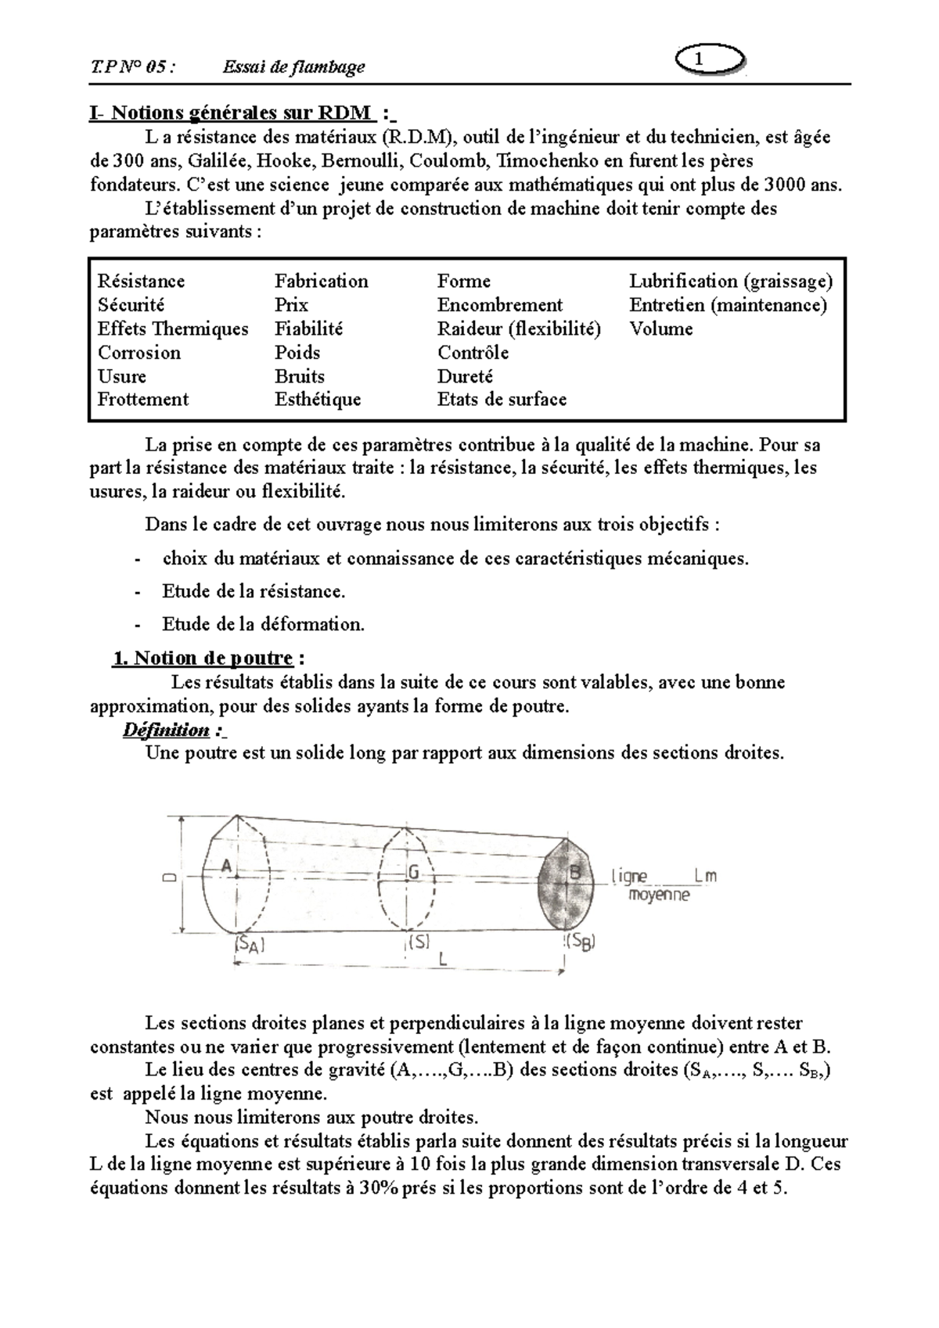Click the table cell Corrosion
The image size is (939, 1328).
pos(139,353)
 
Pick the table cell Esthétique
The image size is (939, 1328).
pos(318,400)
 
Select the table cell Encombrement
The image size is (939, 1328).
pos(500,305)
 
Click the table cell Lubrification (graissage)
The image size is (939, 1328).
pos(731,282)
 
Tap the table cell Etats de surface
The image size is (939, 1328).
pos(502,400)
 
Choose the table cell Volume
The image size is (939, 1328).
pos(661,329)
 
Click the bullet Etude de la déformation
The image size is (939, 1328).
pos(263,624)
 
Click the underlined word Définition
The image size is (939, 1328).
pos(166,730)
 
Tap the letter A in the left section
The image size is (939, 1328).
pos(227,867)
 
